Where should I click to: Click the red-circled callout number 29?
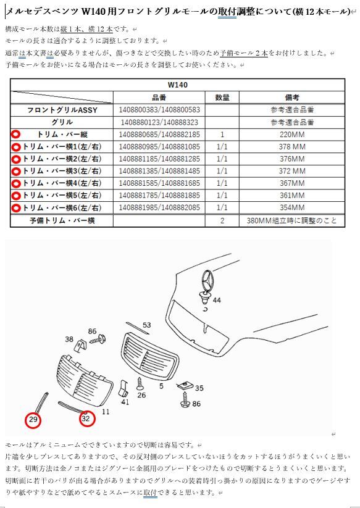tap(33, 420)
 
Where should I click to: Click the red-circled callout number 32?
tap(86, 418)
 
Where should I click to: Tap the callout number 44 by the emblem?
tap(217, 300)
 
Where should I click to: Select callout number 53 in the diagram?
tap(147, 325)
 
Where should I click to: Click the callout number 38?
tap(69, 339)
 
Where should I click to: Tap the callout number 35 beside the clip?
tap(199, 388)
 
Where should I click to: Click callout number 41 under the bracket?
tap(125, 402)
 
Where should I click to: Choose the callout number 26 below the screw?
tap(141, 395)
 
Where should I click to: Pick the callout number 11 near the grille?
tap(106, 412)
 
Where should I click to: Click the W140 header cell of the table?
tap(178, 85)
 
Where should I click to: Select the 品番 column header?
tap(159, 98)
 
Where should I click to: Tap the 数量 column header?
tap(222, 98)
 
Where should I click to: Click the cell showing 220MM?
tap(292, 135)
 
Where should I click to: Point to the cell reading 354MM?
tap(292, 207)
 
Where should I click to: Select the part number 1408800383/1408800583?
tap(159, 110)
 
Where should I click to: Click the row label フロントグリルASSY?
tap(62, 110)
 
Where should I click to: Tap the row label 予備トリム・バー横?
tap(62, 221)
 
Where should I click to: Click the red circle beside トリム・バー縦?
tap(15, 135)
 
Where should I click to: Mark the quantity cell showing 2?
tap(222, 221)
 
